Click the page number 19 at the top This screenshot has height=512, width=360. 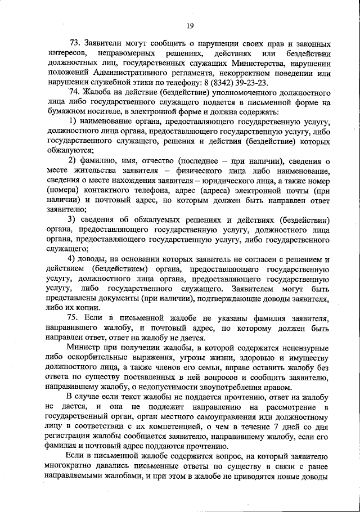(190, 25)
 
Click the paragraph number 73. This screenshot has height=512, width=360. (74, 43)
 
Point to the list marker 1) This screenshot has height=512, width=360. (73, 122)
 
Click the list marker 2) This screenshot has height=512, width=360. (73, 161)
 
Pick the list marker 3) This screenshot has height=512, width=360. (73, 219)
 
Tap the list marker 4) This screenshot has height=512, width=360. (73, 259)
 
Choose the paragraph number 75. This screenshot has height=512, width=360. (74, 318)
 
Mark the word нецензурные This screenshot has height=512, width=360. (301, 347)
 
